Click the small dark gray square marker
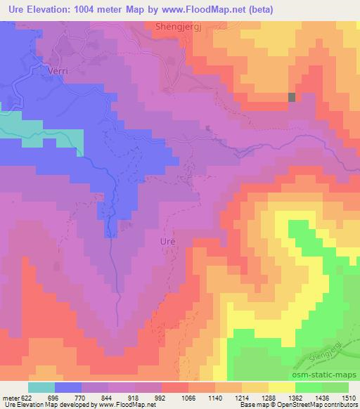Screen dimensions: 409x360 (x=292, y=97)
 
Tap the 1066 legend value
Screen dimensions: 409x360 (x=188, y=397)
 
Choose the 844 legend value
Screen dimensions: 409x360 (x=108, y=397)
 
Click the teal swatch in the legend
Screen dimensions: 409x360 (x=41, y=387)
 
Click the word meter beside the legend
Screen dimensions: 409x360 (x=9, y=397)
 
